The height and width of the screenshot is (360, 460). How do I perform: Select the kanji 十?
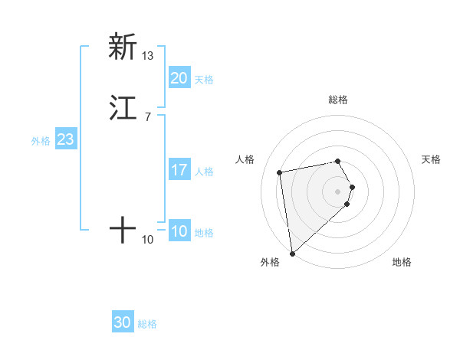pyautogui.click(x=123, y=229)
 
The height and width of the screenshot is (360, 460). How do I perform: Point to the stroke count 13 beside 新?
pyautogui.click(x=148, y=56)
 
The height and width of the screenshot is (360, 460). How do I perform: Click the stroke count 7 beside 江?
pyautogui.click(x=147, y=117)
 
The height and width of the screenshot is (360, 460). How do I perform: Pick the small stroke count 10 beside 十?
pyautogui.click(x=148, y=240)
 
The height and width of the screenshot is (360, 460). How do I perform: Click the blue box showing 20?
pyautogui.click(x=179, y=78)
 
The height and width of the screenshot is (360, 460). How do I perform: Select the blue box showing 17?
pyautogui.click(x=179, y=170)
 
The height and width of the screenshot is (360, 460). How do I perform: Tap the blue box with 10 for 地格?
pyautogui.click(x=179, y=231)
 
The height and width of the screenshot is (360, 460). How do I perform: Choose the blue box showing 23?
pyautogui.click(x=65, y=139)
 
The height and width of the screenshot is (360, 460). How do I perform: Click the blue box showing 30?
pyautogui.click(x=123, y=322)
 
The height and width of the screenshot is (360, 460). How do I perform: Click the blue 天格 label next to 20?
pyautogui.click(x=204, y=80)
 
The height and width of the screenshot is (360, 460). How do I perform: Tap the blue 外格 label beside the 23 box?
pyautogui.click(x=41, y=141)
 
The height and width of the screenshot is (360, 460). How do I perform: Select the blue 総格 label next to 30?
pyautogui.click(x=147, y=324)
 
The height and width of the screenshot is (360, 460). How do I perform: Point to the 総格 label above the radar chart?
pyautogui.click(x=338, y=100)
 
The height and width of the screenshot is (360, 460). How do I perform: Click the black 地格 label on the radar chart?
pyautogui.click(x=402, y=262)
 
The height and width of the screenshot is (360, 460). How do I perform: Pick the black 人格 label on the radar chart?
pyautogui.click(x=245, y=159)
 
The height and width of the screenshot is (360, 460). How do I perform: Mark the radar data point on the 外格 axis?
pyautogui.click(x=292, y=253)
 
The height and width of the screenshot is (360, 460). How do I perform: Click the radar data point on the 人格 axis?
pyautogui.click(x=280, y=172)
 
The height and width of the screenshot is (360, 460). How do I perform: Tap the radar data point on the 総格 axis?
pyautogui.click(x=338, y=161)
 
